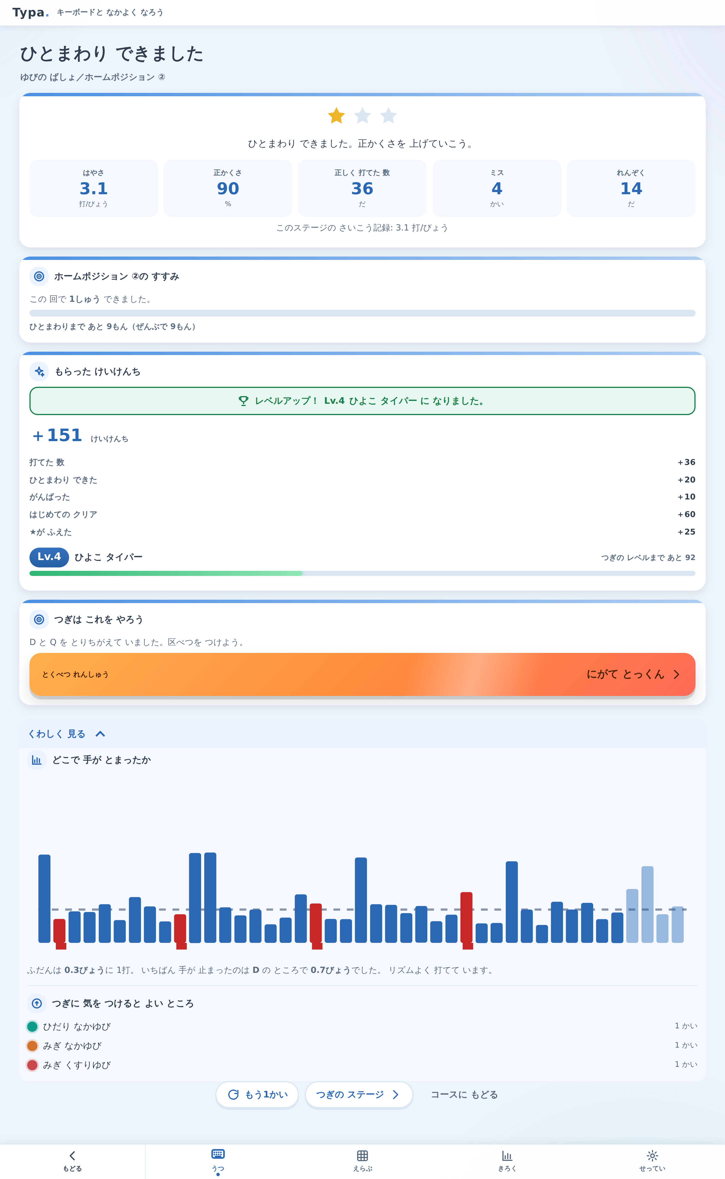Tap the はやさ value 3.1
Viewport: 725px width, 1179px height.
[93, 188]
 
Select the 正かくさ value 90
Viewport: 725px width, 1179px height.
[228, 188]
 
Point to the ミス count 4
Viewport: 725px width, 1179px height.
[497, 188]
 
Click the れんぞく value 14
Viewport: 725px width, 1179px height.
[631, 188]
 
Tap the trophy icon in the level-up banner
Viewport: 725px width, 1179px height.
[244, 401]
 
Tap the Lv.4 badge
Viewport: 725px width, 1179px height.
[49, 557]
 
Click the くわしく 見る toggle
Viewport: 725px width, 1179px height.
[67, 734]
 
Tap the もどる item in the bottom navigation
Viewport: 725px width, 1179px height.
[72, 1161]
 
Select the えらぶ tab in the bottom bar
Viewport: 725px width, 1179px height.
[362, 1161]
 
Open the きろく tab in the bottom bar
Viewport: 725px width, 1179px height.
[507, 1161]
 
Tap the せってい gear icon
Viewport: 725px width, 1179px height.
[652, 1155]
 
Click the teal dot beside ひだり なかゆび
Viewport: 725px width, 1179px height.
[32, 1026]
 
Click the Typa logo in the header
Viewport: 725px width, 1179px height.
[31, 12]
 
